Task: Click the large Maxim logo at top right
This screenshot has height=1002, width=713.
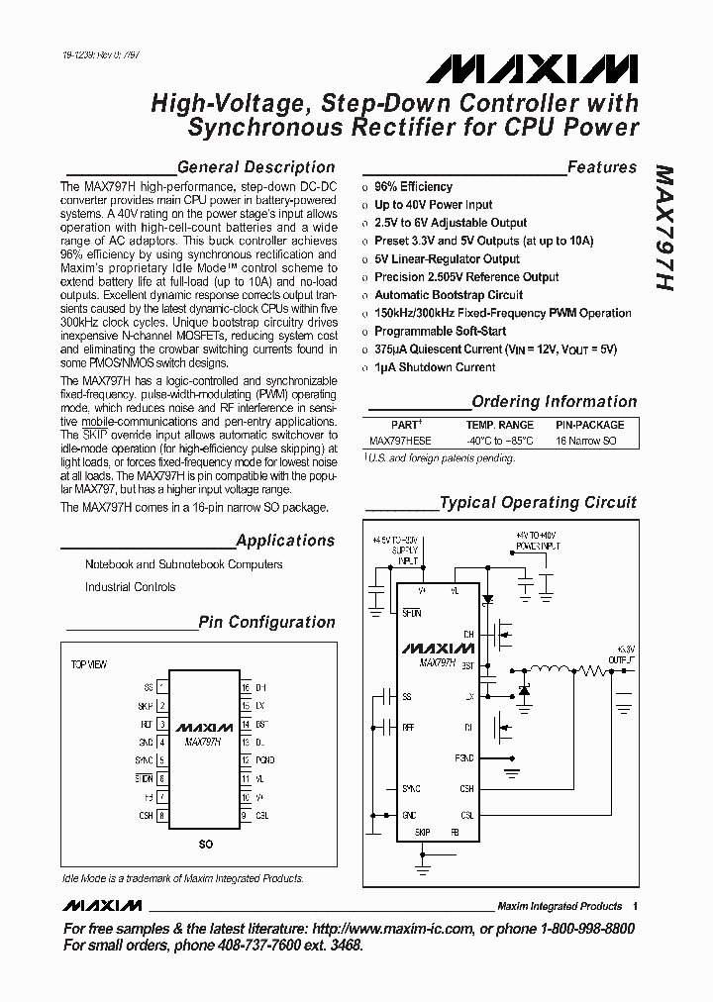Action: point(533,68)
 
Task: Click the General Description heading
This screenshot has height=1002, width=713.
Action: point(255,167)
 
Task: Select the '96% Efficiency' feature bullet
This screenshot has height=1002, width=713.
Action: point(413,187)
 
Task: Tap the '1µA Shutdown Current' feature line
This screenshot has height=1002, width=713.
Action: point(434,367)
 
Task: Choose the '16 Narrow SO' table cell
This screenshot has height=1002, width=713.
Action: point(586,441)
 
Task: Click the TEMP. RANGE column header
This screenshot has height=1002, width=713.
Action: point(500,425)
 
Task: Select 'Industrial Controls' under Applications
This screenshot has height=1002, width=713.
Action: point(130,587)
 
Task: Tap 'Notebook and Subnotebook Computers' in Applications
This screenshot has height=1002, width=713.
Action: point(183,564)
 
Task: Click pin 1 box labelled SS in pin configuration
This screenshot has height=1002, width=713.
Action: point(162,686)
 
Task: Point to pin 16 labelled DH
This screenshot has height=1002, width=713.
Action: point(246,686)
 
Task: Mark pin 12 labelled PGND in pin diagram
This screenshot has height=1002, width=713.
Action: point(246,760)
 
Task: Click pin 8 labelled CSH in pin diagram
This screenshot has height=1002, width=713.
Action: point(162,816)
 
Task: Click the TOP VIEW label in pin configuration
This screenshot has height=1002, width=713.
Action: point(89,663)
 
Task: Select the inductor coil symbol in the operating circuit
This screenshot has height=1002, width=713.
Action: point(551,670)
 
